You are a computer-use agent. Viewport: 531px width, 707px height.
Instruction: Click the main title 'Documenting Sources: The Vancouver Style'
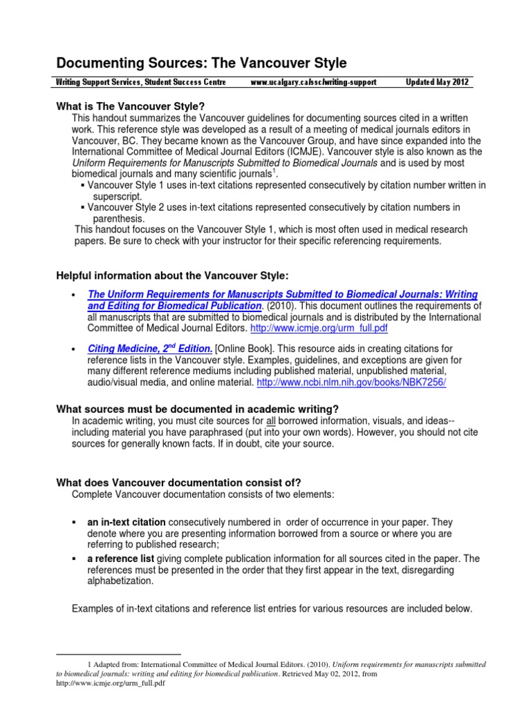tap(201, 64)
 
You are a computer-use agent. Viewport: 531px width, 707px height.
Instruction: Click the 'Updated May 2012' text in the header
tap(438, 82)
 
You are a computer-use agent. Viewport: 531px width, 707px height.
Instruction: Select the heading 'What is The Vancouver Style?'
tap(130, 106)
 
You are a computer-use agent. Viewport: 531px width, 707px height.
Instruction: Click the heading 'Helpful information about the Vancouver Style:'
tap(171, 275)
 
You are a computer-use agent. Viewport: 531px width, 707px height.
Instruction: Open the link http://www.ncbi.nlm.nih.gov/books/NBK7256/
tap(352, 382)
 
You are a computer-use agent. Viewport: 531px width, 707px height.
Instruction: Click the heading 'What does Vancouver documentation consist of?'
tap(178, 482)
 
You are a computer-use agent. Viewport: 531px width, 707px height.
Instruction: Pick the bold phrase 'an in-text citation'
tap(127, 523)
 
